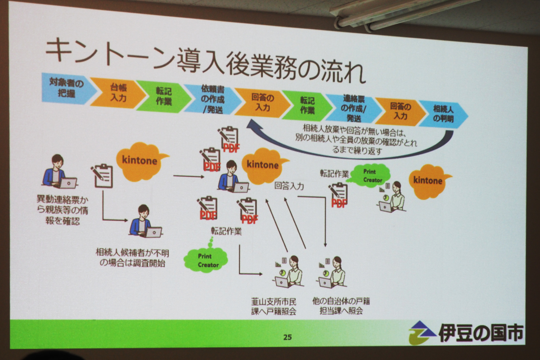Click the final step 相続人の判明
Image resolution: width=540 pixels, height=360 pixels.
click(443, 114)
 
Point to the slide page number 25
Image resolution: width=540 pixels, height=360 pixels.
click(287, 336)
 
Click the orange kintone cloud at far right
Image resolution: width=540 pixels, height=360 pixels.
click(428, 181)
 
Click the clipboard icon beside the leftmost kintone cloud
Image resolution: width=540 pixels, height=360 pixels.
click(103, 175)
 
